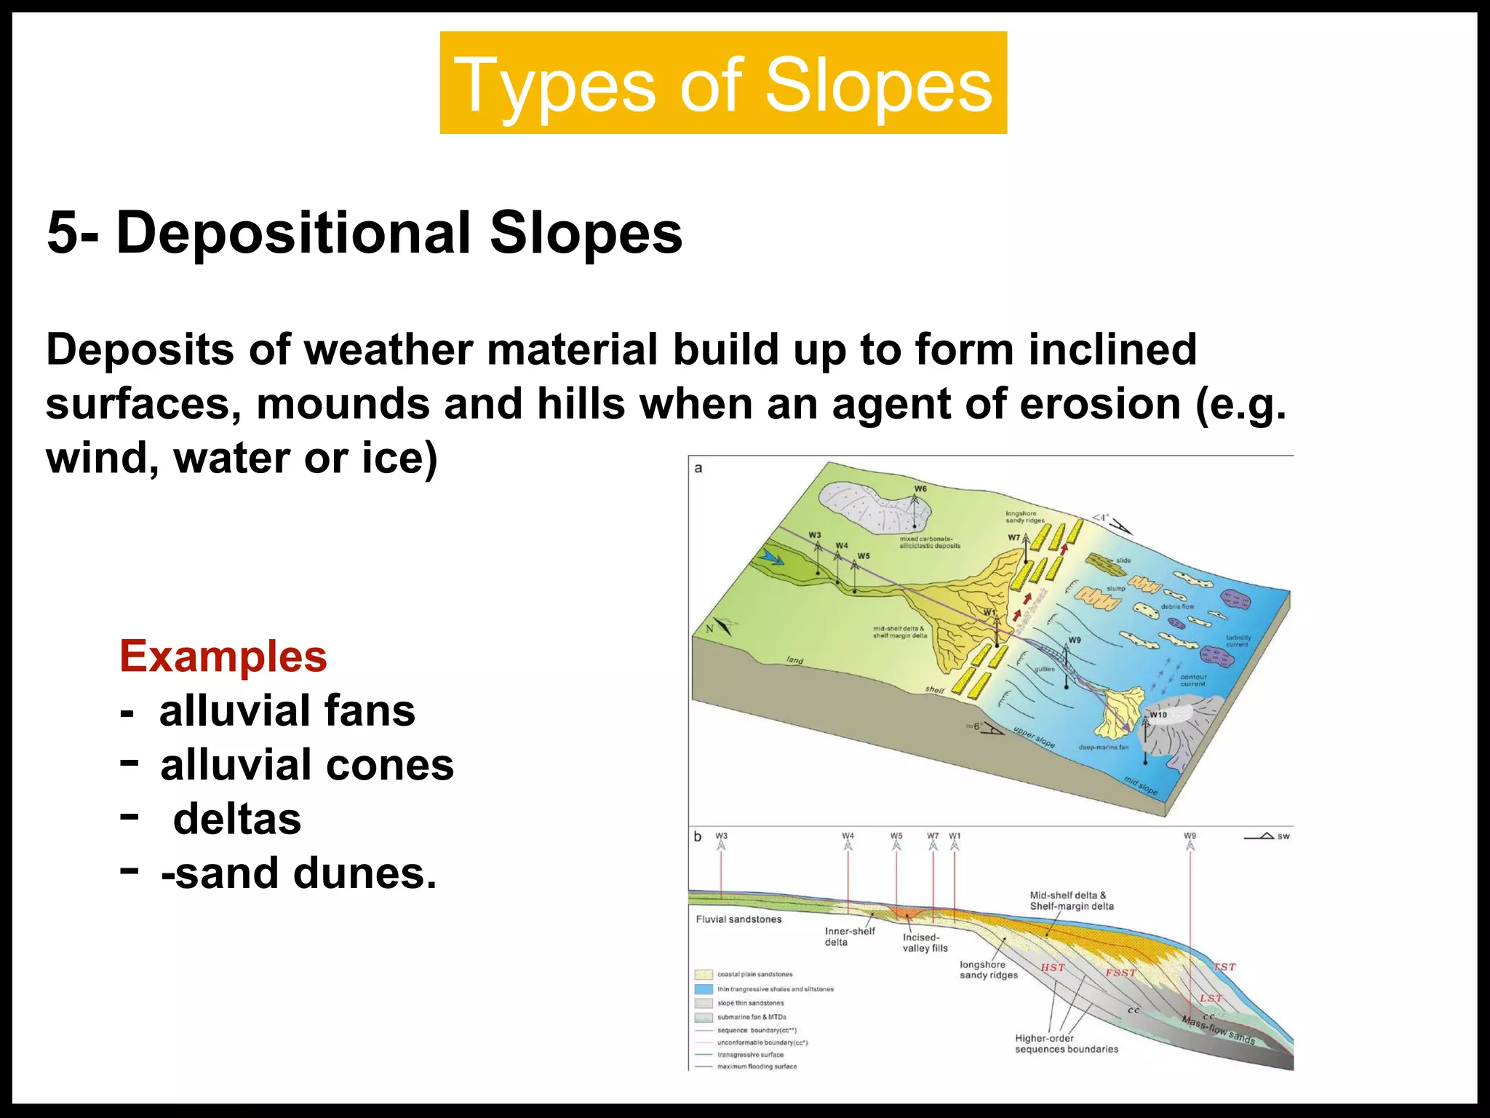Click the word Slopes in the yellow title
(x=878, y=86)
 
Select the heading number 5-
(x=72, y=233)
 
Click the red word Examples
(x=223, y=656)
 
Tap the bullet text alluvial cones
(x=306, y=765)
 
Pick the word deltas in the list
(x=236, y=819)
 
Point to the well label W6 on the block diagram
(x=920, y=488)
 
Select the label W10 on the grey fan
(x=1158, y=715)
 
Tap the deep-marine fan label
(x=1103, y=748)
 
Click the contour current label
(x=1193, y=680)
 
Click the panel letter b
(x=698, y=836)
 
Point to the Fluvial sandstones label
(x=738, y=919)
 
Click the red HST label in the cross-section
(x=1053, y=967)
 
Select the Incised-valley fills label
(x=925, y=943)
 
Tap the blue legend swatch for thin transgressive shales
(x=703, y=989)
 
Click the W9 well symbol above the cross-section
(x=1190, y=845)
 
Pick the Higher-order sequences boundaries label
(x=1066, y=1044)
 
